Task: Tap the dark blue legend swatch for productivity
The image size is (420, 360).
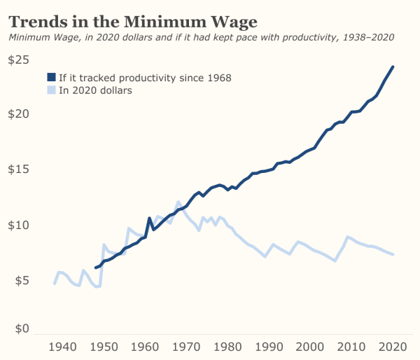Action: pos(50,77)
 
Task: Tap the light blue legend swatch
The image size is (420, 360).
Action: pos(50,90)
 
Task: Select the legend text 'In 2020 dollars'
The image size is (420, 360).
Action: pos(95,90)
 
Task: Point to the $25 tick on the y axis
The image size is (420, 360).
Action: pos(19,60)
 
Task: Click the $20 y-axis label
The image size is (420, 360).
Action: pos(19,113)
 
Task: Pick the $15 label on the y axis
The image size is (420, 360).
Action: pos(19,169)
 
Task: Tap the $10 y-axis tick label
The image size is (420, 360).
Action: pos(19,226)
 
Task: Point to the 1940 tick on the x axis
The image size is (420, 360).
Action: pos(63,346)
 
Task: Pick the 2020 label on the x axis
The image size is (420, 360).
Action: pos(393,346)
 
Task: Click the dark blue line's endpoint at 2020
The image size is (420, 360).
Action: pos(393,67)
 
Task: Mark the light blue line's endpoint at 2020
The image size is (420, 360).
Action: pos(393,254)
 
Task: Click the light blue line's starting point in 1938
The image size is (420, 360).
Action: pos(55,284)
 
